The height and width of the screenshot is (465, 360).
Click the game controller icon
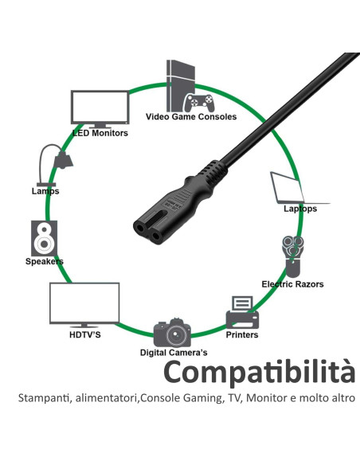198,103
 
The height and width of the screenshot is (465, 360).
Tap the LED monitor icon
100,109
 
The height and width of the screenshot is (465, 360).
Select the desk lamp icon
56,165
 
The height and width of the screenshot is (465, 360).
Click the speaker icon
44,238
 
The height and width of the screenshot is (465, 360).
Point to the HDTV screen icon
84,304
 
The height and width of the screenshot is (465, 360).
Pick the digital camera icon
172,333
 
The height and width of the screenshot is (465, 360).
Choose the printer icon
242,313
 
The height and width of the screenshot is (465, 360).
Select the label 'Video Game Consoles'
191,116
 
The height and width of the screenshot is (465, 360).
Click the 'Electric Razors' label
292,284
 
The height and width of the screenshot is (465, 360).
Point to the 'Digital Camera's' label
174,353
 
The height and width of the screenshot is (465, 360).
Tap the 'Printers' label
242,334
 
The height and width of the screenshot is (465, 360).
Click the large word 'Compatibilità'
259,373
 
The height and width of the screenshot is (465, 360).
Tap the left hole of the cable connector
139,228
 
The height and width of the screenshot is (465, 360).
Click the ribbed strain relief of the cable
213,172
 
